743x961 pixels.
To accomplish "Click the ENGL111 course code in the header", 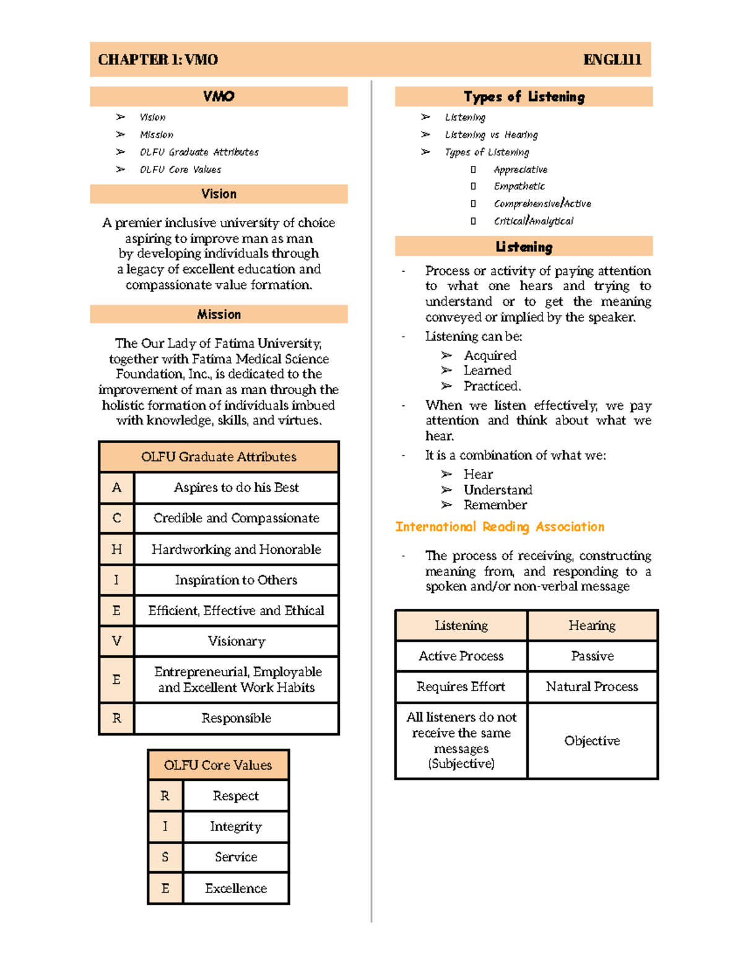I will pos(612,59).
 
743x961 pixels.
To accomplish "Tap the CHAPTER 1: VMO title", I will pos(158,59).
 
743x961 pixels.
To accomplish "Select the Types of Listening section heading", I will pos(524,97).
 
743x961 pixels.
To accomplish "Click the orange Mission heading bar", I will pos(219,314).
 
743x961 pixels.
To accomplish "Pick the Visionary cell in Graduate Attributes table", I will pos(236,641).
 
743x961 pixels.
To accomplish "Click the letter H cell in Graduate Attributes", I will pos(116,549).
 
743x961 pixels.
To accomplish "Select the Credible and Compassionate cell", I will pos(236,518).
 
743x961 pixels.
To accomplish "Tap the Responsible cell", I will pos(236,718).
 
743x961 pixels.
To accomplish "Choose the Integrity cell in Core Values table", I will pos(235,826).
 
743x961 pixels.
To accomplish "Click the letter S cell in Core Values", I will pos(165,857).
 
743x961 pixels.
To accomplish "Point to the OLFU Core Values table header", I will pos(218,765).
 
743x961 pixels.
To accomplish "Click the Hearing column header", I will pos(592,625).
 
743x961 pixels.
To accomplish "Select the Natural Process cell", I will pos(592,686).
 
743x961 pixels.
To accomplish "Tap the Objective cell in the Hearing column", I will pos(592,741).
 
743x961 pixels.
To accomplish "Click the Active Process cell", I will pos(461,656).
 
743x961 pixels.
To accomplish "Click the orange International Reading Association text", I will pos(500,527).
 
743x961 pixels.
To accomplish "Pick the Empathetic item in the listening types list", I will pos(519,186).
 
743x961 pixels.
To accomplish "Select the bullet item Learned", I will pos(487,371).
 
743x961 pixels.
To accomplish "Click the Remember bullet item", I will pos(495,505).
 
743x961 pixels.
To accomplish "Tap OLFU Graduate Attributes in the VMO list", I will pos(199,152).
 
